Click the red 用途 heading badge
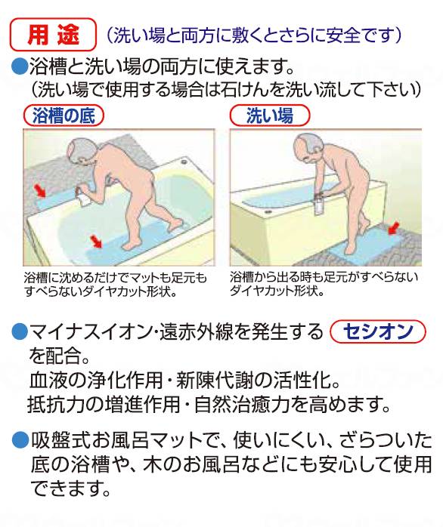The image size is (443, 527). (x=54, y=34)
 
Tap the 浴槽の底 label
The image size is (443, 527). (x=64, y=116)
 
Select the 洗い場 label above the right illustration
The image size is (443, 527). (x=270, y=116)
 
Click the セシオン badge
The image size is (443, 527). (x=378, y=332)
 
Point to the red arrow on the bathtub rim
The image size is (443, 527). (x=40, y=190)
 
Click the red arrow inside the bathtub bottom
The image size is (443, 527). (x=96, y=242)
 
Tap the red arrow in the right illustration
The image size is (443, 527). (x=394, y=228)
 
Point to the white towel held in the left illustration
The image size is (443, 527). (x=82, y=197)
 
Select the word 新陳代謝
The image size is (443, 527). (x=215, y=381)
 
